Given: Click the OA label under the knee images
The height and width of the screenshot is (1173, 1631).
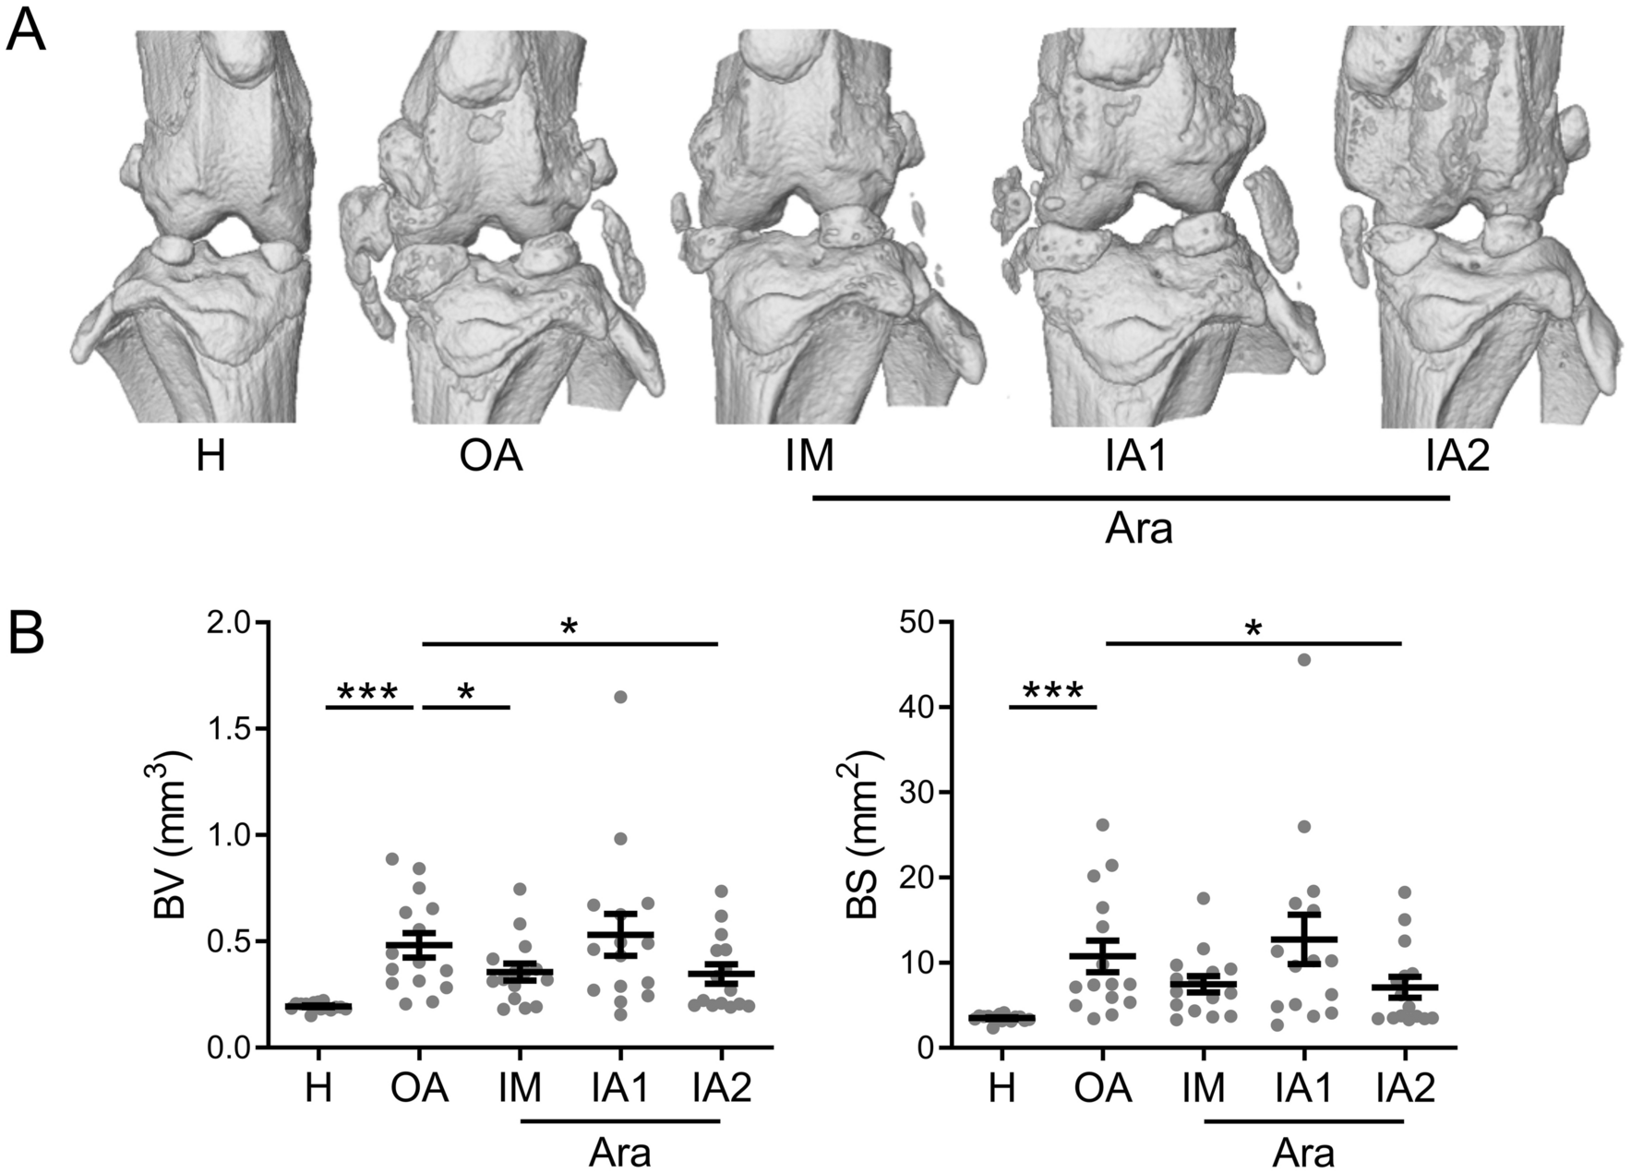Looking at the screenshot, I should [491, 456].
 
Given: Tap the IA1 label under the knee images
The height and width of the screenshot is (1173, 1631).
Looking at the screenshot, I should [1137, 456].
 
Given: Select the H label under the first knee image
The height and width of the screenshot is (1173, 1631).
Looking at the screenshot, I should [210, 456].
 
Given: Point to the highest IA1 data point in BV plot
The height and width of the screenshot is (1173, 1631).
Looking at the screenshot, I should [620, 697].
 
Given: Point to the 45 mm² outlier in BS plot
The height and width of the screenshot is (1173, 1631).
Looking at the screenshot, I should [1304, 659].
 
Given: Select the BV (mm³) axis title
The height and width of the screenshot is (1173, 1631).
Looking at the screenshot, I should [173, 836].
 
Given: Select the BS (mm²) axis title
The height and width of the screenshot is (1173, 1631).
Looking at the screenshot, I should [863, 836].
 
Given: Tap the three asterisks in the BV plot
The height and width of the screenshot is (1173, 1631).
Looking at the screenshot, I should [367, 693].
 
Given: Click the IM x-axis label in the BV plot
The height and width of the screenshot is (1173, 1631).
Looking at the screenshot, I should [520, 1088].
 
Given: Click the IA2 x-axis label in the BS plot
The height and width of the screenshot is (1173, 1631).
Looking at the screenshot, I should [1404, 1088].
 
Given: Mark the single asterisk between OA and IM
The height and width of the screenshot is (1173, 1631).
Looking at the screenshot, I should [466, 693].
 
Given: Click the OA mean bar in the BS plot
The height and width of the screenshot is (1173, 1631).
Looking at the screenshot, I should [1102, 955].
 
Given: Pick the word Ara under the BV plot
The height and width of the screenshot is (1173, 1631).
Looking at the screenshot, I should [620, 1153].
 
